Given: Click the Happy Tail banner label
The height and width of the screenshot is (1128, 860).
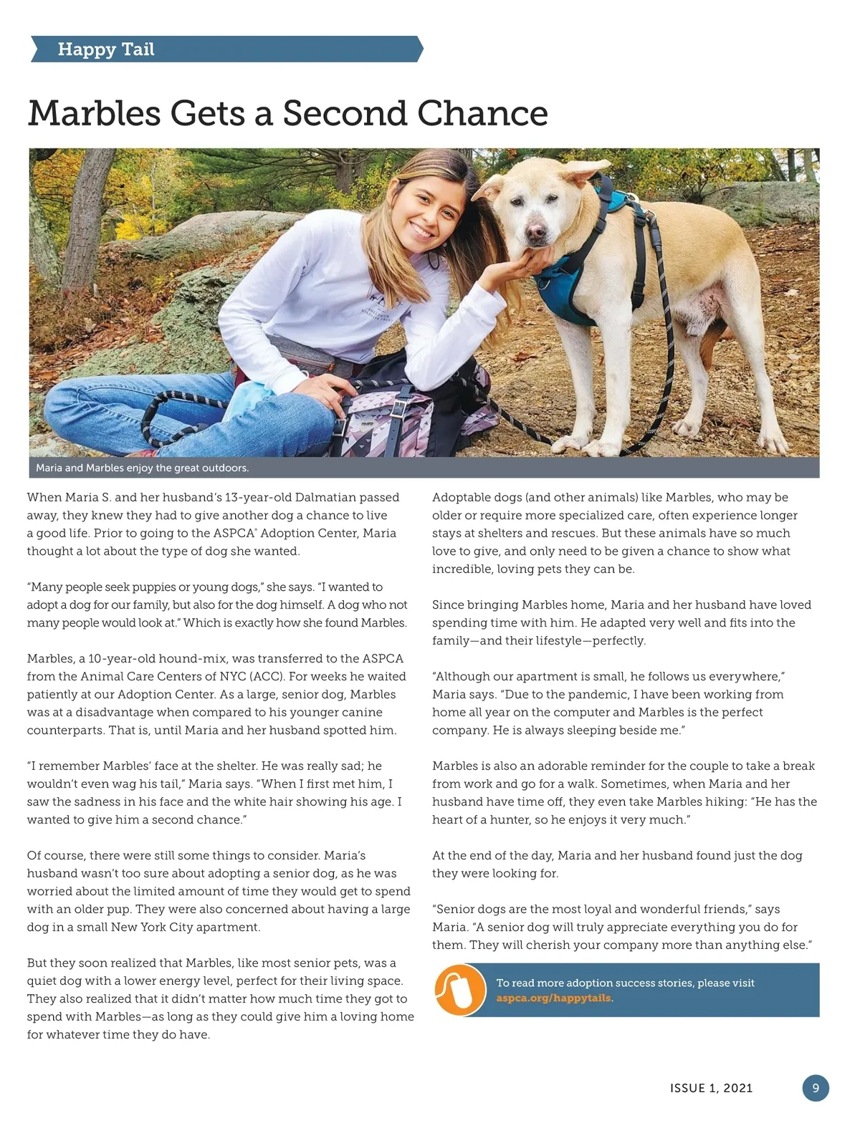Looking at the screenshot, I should point(106,49).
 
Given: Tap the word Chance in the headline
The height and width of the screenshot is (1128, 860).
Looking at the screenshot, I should point(482,113).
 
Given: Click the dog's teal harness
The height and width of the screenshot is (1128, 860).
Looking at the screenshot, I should point(570,282).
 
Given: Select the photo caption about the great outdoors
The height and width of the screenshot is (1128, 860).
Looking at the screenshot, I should point(142,468).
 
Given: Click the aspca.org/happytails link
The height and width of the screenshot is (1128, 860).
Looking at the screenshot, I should point(554,998).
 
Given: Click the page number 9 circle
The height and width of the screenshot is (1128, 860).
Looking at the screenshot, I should point(815,1088).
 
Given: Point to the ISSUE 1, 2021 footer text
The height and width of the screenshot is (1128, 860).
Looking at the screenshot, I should point(711,1089).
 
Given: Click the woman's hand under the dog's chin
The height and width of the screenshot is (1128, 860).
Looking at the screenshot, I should point(521,269).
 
